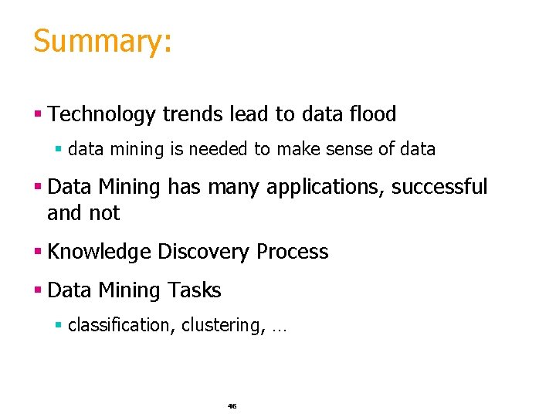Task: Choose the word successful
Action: (440, 187)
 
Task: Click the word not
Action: (105, 213)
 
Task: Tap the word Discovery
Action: (204, 253)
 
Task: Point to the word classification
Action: (121, 326)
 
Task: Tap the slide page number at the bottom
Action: (232, 405)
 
